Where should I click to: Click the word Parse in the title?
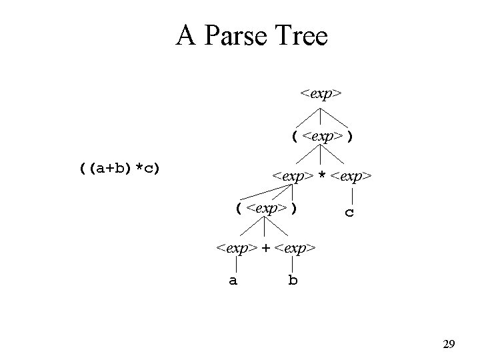click(231, 36)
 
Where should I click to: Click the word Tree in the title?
click(299, 36)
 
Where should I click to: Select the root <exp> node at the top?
click(321, 93)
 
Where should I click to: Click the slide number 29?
click(449, 345)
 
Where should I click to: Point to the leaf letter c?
click(349, 213)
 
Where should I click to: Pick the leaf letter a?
click(233, 281)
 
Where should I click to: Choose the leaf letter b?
click(293, 281)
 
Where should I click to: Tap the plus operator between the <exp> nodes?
click(265, 248)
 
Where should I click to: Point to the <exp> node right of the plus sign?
click(294, 248)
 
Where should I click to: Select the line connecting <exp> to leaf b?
click(294, 264)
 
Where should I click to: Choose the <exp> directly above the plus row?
click(266, 208)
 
